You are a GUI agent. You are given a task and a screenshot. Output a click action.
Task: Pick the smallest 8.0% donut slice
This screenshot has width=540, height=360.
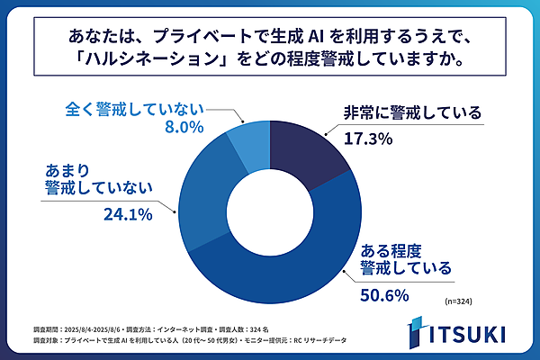point(251,137)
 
